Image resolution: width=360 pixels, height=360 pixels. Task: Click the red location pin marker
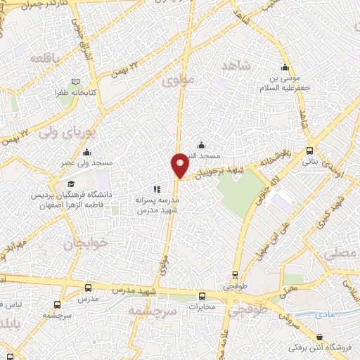(x=181, y=165)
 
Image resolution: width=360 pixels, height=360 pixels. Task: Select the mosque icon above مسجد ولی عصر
(x=86, y=152)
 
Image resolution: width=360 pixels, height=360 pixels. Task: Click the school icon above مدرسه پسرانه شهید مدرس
(x=157, y=189)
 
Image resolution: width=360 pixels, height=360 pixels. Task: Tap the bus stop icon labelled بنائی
(x=310, y=150)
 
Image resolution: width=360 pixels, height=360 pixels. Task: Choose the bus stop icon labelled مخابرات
(x=202, y=296)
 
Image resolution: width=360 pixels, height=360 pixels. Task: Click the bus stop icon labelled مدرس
(x=88, y=288)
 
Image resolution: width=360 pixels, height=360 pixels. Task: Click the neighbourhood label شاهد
(x=236, y=65)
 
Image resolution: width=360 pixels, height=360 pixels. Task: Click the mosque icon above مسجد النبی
(x=201, y=145)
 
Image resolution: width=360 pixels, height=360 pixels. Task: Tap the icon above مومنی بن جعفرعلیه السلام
(x=284, y=68)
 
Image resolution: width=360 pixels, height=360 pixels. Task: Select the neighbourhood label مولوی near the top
(x=177, y=82)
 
